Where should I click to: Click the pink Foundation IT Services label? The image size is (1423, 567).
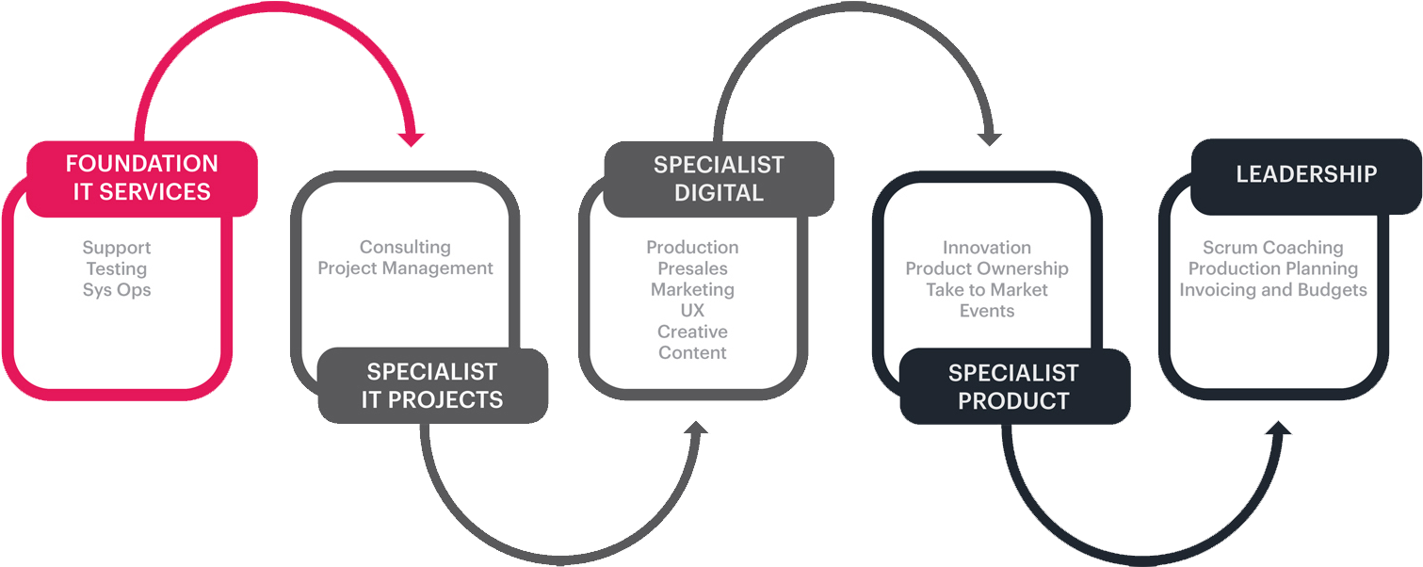click(141, 178)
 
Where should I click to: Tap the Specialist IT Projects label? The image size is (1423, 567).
click(432, 385)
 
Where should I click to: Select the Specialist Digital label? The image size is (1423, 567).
click(719, 179)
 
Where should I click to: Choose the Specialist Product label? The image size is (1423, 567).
click(1013, 386)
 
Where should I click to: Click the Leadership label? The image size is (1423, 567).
click(1305, 174)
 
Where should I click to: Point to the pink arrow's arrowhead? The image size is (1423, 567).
click(410, 138)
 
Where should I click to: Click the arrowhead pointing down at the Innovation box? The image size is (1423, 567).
click(988, 138)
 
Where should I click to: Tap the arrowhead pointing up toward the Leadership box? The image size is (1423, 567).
click(1277, 431)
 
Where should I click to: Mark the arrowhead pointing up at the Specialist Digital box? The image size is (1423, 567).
click(697, 431)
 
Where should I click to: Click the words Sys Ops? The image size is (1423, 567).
click(117, 290)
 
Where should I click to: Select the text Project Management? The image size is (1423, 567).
click(405, 268)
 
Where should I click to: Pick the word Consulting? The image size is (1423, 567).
click(405, 247)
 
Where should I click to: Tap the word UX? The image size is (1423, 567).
click(692, 311)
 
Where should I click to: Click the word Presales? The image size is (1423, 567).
click(692, 268)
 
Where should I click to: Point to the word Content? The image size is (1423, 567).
click(692, 353)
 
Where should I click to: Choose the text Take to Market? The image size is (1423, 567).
click(987, 290)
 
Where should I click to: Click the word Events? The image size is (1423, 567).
click(987, 311)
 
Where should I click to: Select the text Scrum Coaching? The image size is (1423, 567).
click(1272, 247)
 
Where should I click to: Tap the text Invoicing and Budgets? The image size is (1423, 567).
click(1272, 290)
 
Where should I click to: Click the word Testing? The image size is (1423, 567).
click(117, 268)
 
